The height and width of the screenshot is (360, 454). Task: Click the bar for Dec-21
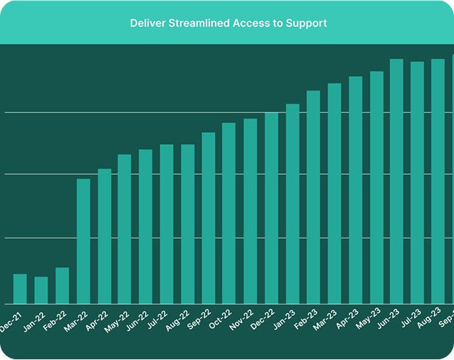point(20,289)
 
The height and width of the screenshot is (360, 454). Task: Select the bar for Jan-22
point(41,290)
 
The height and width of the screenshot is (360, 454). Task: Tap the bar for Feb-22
point(62,285)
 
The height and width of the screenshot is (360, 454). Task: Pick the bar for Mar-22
point(83,241)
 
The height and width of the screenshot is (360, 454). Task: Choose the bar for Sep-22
point(208,218)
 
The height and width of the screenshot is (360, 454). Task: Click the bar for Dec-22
point(271,208)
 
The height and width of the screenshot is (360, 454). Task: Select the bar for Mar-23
point(334,194)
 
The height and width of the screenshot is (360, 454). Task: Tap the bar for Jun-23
point(397,181)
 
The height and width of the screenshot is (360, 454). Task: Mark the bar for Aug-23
point(438,181)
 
